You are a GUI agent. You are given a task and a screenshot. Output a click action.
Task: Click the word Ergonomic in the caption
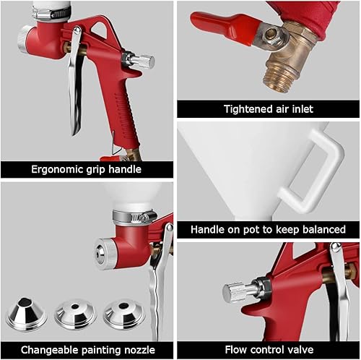(55, 170)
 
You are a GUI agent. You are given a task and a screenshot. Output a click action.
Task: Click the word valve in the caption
(303, 350)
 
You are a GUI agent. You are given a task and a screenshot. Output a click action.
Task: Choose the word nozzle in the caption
(144, 350)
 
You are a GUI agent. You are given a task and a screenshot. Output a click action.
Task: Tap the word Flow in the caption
(238, 350)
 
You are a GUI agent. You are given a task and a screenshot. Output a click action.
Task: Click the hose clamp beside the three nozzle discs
(134, 216)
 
